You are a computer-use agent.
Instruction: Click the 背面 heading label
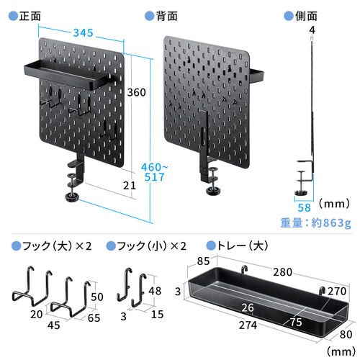click(166, 15)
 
